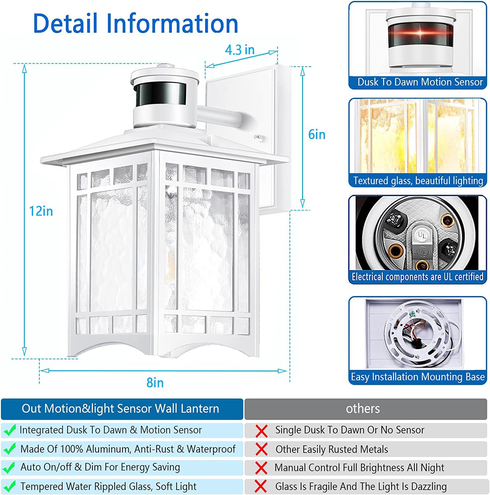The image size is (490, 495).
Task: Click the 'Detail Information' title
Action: (x=135, y=23)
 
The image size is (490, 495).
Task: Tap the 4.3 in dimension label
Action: (x=240, y=50)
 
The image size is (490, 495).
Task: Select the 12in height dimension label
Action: (x=41, y=211)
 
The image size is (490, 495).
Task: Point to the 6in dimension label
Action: (x=317, y=135)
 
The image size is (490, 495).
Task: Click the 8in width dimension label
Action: (x=155, y=383)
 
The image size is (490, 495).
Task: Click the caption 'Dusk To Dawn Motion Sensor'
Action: (x=420, y=82)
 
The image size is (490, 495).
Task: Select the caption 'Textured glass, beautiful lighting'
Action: (x=418, y=181)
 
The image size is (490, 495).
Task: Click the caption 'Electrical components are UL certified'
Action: (x=417, y=277)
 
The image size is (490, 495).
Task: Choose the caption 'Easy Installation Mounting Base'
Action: (x=418, y=377)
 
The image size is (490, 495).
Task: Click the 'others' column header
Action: (x=363, y=409)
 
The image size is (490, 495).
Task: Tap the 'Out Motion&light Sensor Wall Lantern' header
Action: (x=120, y=409)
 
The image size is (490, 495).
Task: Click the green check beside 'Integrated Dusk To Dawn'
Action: (x=10, y=430)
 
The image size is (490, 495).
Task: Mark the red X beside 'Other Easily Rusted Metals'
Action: (x=261, y=449)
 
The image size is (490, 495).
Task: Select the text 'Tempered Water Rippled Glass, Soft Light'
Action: (x=108, y=486)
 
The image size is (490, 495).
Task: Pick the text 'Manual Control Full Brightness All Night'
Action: (x=359, y=468)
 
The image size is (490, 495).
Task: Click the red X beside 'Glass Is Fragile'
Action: (x=261, y=486)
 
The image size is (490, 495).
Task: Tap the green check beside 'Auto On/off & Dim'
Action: (x=10, y=468)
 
